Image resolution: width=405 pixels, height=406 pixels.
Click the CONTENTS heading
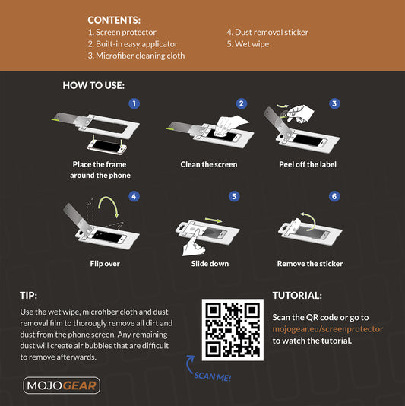pos(114,20)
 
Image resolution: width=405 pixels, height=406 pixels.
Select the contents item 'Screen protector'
pos(122,33)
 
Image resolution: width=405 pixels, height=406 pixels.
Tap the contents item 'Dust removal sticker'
pos(267,33)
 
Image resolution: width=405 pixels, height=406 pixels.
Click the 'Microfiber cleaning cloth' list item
pos(136,56)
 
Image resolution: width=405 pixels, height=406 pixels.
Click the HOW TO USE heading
pos(93,86)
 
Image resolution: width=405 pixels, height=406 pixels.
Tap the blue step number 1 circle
pos(134,103)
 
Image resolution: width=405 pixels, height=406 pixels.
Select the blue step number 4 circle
pos(134,196)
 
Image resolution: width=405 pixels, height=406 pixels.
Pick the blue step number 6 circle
pos(334,196)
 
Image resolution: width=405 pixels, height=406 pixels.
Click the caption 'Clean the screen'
pos(209,164)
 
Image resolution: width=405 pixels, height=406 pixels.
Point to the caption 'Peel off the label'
pos(308,164)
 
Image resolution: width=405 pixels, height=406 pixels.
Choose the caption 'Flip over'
pos(105,264)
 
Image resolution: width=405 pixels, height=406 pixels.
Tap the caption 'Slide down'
pos(209,264)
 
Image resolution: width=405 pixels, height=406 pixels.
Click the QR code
pos(232,329)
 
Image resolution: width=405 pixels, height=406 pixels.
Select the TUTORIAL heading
pos(297,295)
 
